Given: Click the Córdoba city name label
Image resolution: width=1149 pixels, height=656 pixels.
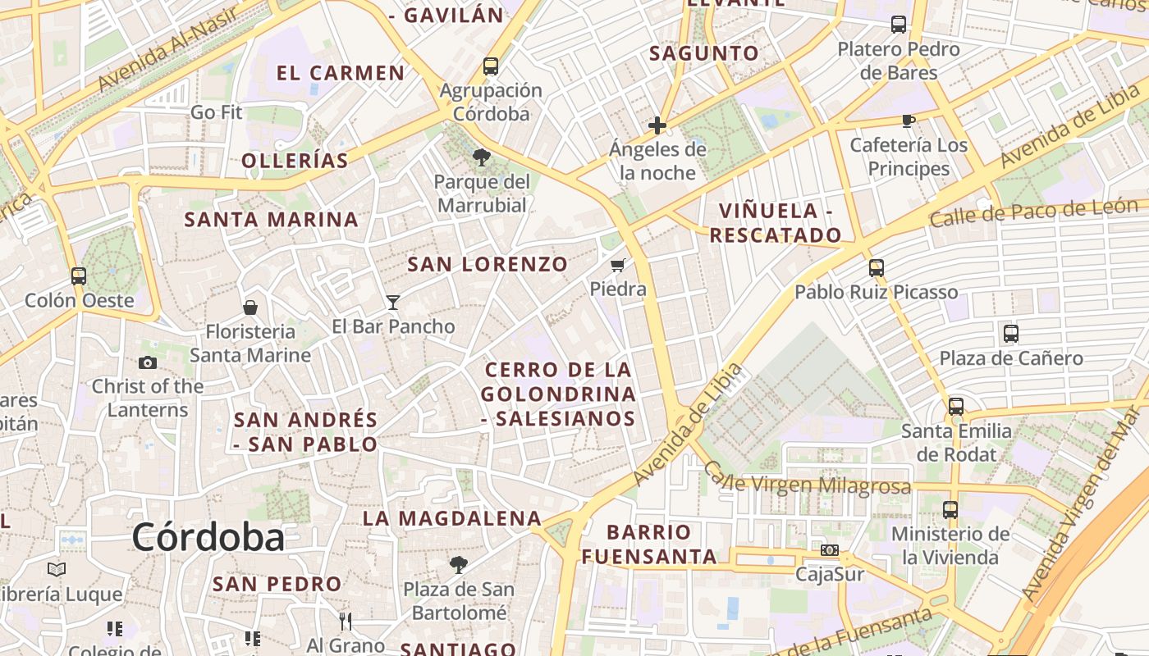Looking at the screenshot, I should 208,538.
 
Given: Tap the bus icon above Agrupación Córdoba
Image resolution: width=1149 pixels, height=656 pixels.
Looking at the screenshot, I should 491,66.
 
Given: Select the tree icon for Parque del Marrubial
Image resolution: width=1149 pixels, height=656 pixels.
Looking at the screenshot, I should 482,157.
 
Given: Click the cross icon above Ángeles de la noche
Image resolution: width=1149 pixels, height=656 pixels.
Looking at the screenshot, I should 657,125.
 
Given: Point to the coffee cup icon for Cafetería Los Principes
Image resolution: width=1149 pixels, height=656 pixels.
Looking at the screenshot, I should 909,121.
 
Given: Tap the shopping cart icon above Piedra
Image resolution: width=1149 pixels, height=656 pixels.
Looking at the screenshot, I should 618,265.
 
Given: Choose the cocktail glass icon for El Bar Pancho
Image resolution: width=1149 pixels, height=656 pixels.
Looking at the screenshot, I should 393,303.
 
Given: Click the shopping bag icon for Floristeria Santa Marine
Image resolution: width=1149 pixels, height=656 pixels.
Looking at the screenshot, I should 250,307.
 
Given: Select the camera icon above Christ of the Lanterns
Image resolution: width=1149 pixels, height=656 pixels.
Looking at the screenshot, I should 148,362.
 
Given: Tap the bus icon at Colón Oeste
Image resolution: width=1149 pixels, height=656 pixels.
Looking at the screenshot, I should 79,276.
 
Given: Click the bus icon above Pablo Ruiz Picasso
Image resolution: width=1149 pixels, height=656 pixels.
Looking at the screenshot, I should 877,268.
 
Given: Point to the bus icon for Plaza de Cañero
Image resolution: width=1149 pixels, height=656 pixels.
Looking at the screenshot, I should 1011,334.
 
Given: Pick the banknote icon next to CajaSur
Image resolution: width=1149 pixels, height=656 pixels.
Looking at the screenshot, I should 830,550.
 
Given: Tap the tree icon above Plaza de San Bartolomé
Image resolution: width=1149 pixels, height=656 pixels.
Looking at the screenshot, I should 459,565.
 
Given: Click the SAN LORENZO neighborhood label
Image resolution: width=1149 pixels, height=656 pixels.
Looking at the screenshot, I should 488,264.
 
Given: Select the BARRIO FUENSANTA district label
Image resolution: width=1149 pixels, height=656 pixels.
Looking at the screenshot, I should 649,544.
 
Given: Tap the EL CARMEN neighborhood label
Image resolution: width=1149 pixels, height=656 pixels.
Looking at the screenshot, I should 341,73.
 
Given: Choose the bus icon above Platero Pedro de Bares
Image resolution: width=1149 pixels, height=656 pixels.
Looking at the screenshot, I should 899,25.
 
